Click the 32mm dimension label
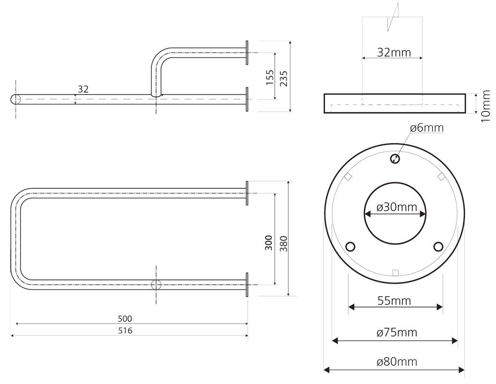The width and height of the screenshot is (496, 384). tap(394, 52)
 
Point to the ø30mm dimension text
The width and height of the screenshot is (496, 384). tap(397, 207)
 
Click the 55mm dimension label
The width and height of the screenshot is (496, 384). tap(394, 301)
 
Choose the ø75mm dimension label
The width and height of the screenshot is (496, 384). tap(397, 332)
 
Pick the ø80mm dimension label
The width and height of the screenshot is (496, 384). tap(397, 361)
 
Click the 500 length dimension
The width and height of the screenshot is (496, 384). tap(124, 319)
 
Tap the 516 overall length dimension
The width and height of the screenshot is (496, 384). tap(124, 331)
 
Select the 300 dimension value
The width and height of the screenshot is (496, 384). tap(269, 242)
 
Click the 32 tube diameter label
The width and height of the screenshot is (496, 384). tap(83, 89)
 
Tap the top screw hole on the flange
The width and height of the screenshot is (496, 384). tap(395, 158)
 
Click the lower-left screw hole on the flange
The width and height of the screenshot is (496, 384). tap(351, 247)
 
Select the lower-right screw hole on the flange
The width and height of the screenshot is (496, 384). tap(438, 247)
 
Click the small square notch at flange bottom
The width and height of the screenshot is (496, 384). tap(395, 273)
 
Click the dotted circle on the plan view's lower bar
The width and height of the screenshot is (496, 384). tap(156, 285)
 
